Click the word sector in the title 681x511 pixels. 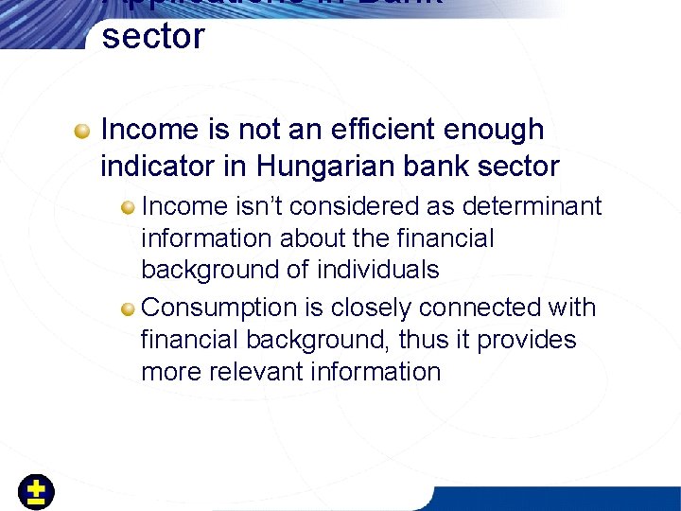pyautogui.click(x=152, y=37)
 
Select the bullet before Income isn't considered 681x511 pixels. pyautogui.click(x=128, y=206)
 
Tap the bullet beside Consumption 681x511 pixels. pyautogui.click(x=128, y=308)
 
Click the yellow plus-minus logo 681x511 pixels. pyautogui.click(x=36, y=492)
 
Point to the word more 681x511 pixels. pyautogui.click(x=169, y=372)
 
